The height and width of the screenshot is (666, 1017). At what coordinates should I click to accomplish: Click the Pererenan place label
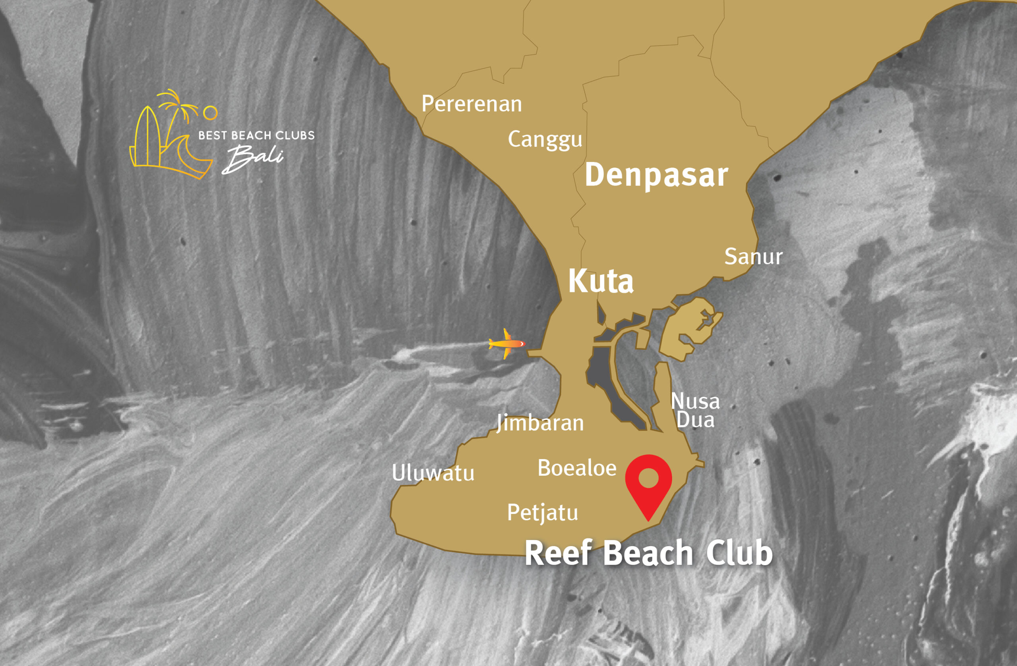click(x=471, y=104)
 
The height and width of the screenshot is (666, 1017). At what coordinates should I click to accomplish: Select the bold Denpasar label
click(x=656, y=175)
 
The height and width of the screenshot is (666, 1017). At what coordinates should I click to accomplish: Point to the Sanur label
click(x=753, y=257)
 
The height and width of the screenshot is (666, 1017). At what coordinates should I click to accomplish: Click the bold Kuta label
click(x=600, y=281)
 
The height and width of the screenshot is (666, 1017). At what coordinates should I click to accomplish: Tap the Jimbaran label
click(x=540, y=423)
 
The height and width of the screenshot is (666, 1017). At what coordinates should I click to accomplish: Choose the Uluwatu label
click(x=433, y=473)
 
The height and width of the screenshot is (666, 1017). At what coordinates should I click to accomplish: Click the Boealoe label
click(x=577, y=468)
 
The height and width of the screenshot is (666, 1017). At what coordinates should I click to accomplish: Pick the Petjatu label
click(x=542, y=513)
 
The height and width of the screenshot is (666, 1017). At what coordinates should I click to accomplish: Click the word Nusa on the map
click(x=695, y=401)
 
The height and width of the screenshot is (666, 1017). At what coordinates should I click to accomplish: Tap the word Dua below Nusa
click(x=695, y=420)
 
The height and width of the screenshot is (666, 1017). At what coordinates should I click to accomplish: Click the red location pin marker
click(x=648, y=483)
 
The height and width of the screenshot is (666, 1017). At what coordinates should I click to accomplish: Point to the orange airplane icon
click(x=507, y=343)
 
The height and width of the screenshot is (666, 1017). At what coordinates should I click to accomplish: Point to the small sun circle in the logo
click(x=210, y=113)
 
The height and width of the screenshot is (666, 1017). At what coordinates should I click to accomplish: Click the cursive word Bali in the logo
click(x=253, y=158)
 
